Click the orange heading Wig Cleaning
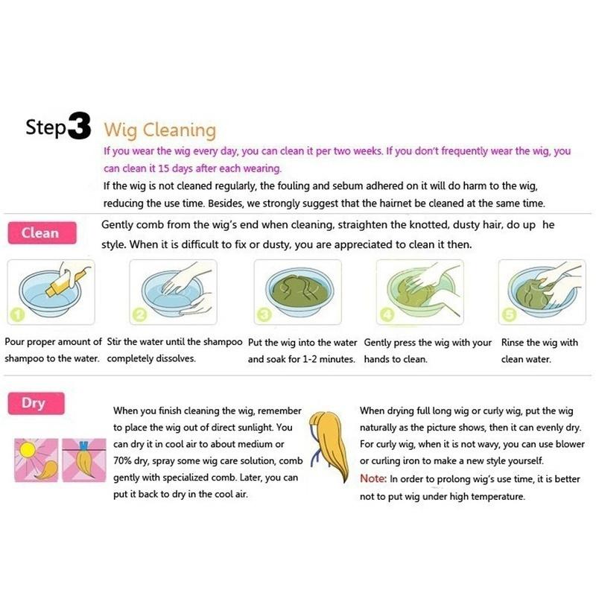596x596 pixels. [159, 130]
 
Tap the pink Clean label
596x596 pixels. [40, 232]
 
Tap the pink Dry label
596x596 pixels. [34, 404]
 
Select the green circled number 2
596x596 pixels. [138, 316]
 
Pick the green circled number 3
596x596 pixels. [261, 316]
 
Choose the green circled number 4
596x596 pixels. [384, 316]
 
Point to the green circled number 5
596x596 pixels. [508, 316]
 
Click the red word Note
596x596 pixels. [372, 478]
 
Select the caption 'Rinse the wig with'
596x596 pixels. [540, 343]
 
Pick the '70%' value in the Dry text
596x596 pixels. [125, 462]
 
